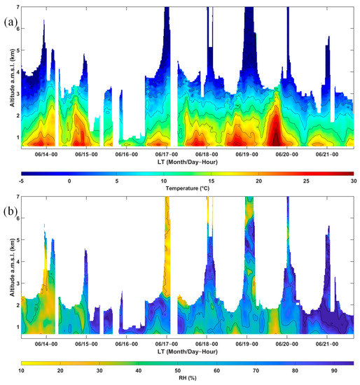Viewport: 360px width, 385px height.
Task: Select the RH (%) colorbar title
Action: [186, 380]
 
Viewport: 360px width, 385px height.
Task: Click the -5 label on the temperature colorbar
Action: [22, 181]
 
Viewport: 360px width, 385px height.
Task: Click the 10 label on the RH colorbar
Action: [22, 372]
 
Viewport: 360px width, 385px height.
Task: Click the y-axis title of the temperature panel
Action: [6, 76]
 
